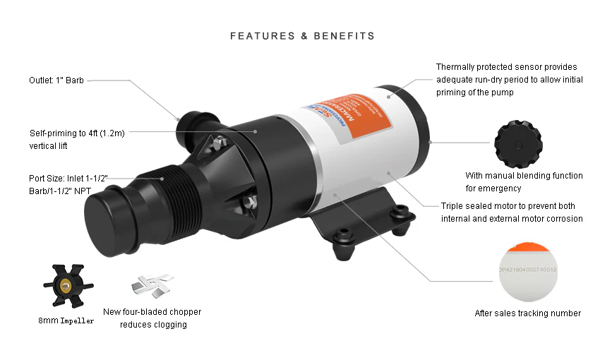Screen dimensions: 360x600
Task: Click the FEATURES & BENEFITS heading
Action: [x=302, y=35]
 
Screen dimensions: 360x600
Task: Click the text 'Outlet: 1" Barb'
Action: [x=56, y=80]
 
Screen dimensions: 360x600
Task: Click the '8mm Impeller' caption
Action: [x=66, y=320]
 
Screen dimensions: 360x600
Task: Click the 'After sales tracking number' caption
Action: [x=529, y=313]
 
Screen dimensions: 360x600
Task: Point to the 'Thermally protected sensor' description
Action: [x=509, y=80]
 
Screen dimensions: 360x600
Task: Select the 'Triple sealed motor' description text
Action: [x=512, y=212]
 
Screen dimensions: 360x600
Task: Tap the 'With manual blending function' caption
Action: [x=523, y=181]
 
